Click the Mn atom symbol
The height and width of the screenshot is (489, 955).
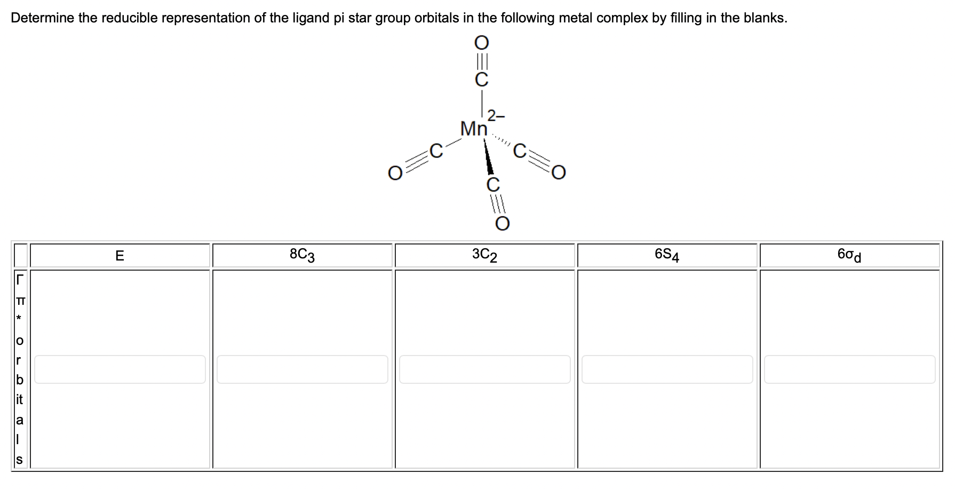pyautogui.click(x=474, y=129)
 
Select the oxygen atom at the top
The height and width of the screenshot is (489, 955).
pyautogui.click(x=481, y=42)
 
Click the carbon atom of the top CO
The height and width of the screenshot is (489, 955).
pyautogui.click(x=481, y=80)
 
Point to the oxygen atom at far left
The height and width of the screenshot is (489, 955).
pyautogui.click(x=395, y=173)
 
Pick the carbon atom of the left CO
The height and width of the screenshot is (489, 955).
pyautogui.click(x=436, y=151)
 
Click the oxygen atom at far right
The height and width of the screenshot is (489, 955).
pyautogui.click(x=558, y=172)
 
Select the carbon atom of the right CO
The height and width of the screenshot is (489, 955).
pyautogui.click(x=520, y=151)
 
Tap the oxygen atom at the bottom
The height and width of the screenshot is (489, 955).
pyautogui.click(x=502, y=223)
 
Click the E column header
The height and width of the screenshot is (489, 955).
pyautogui.click(x=120, y=256)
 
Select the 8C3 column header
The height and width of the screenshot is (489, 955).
pyautogui.click(x=302, y=255)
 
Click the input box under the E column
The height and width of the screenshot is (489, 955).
pyautogui.click(x=120, y=369)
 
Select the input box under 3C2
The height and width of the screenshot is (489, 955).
pyautogui.click(x=484, y=369)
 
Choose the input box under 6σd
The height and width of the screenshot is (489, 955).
pyautogui.click(x=849, y=369)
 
